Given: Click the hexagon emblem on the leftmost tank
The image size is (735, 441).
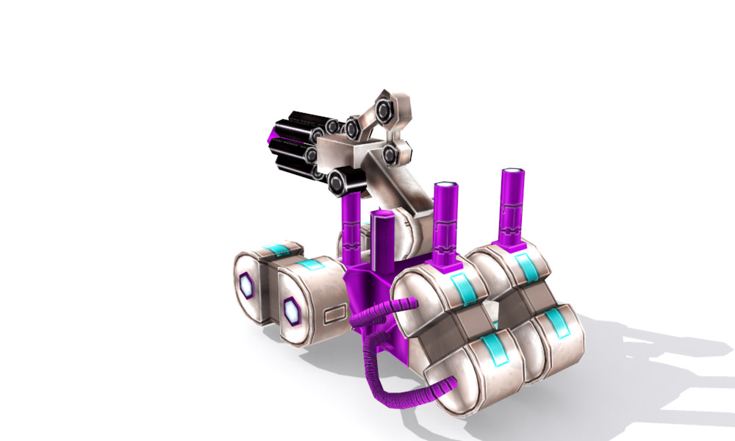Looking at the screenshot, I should tap(246, 286).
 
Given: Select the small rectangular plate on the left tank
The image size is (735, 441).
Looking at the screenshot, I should tap(334, 317).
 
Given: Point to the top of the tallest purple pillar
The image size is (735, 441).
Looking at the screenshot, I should tap(513, 173).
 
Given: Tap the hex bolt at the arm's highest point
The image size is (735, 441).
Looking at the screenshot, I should tap(384, 111).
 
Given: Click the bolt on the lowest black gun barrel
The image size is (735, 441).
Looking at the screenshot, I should tap(338, 182).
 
